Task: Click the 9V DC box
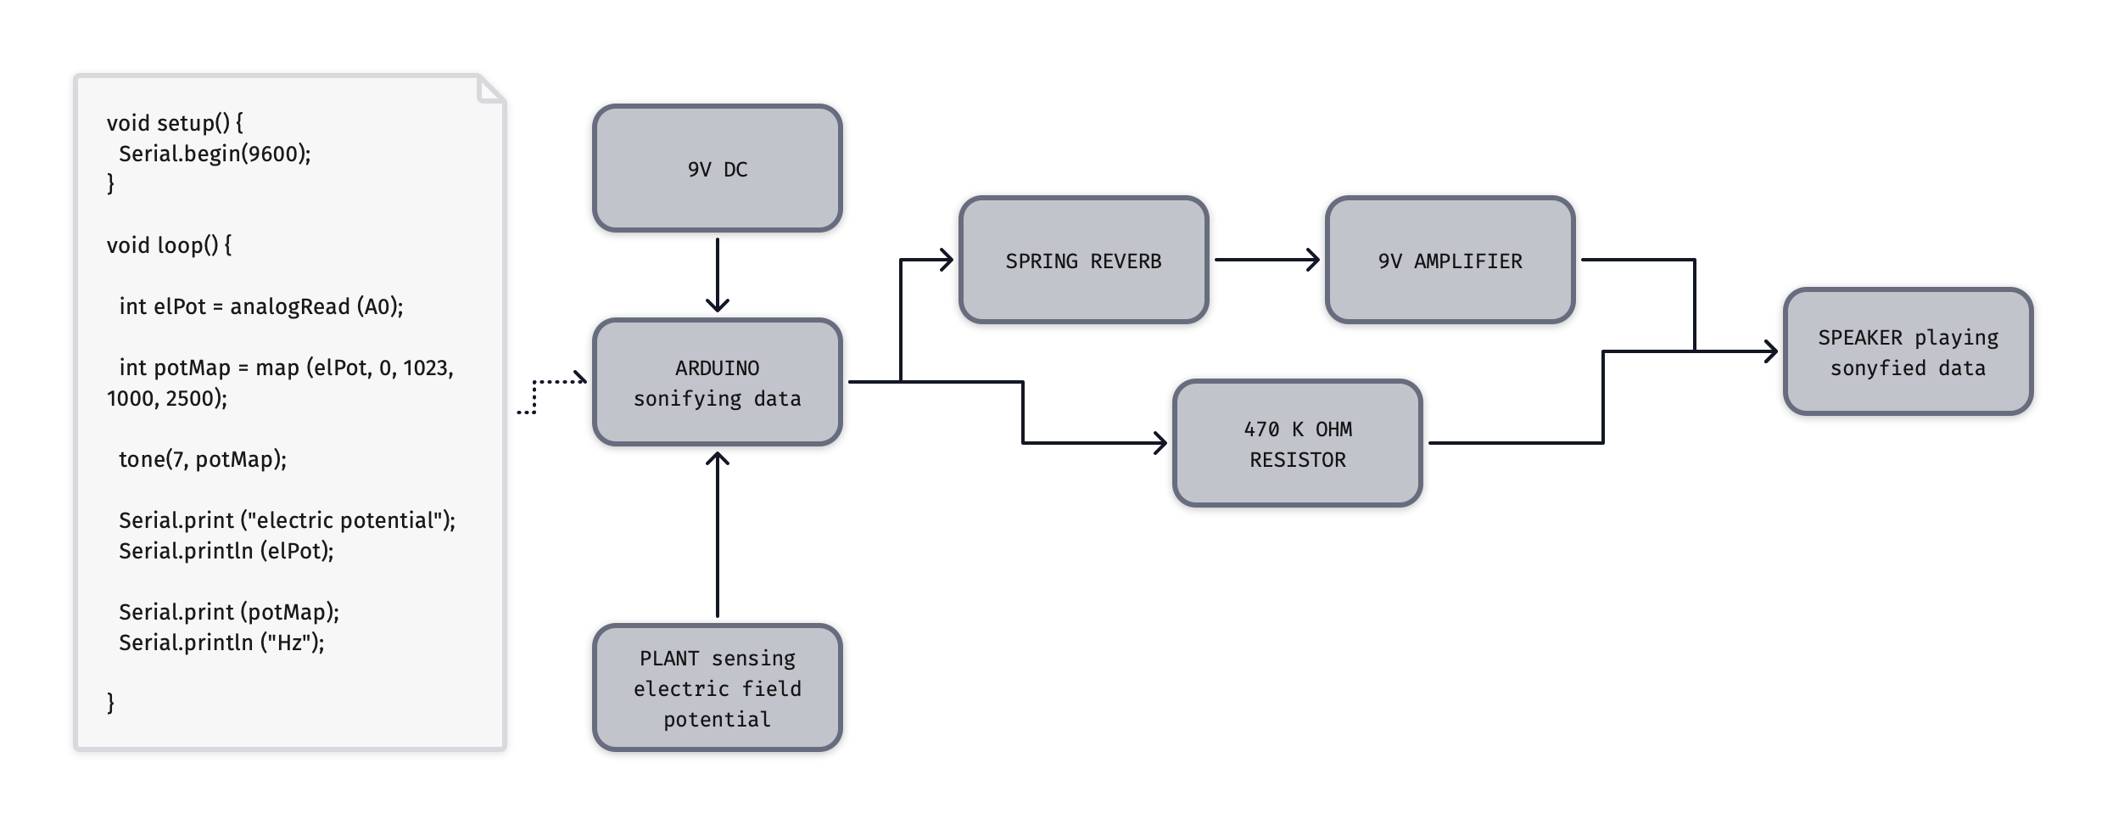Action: (x=717, y=169)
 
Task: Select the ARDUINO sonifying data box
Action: (x=717, y=383)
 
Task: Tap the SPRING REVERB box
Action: (x=1083, y=261)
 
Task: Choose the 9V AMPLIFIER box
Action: (x=1450, y=261)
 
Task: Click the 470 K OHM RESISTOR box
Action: (x=1297, y=444)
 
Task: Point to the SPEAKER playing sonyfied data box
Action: (x=1908, y=352)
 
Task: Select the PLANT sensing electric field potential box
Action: (x=717, y=688)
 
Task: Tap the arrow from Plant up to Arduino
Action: (x=717, y=535)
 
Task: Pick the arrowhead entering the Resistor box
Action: (x=1160, y=443)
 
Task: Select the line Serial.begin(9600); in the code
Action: (x=215, y=154)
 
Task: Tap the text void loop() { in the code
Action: (x=169, y=245)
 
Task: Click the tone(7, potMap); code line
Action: (x=203, y=459)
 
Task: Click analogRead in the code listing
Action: (x=289, y=306)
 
